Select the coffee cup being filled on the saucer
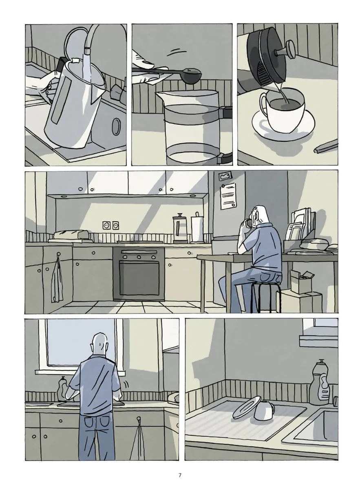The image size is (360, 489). point(282,108)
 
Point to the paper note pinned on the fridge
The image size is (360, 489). point(228,196)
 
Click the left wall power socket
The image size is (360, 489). point(106,225)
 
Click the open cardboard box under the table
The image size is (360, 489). point(302,282)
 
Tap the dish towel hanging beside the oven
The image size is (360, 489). point(57,285)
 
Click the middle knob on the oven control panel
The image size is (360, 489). point(139,257)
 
